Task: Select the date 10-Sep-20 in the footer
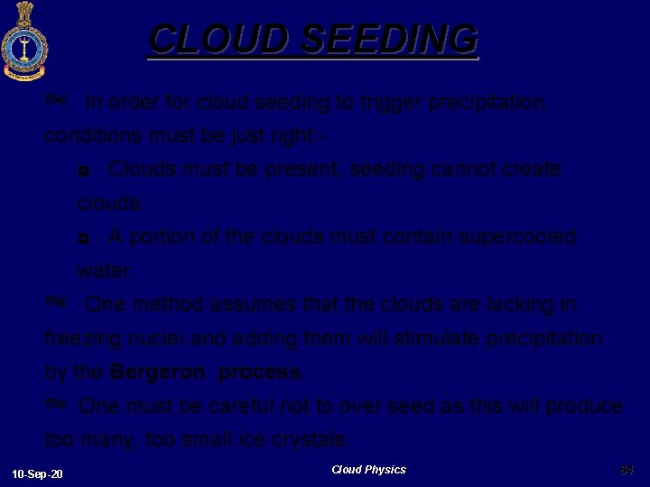click(38, 473)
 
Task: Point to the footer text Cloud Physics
click(368, 470)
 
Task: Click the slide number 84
click(627, 470)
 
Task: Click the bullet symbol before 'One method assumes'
click(56, 304)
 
